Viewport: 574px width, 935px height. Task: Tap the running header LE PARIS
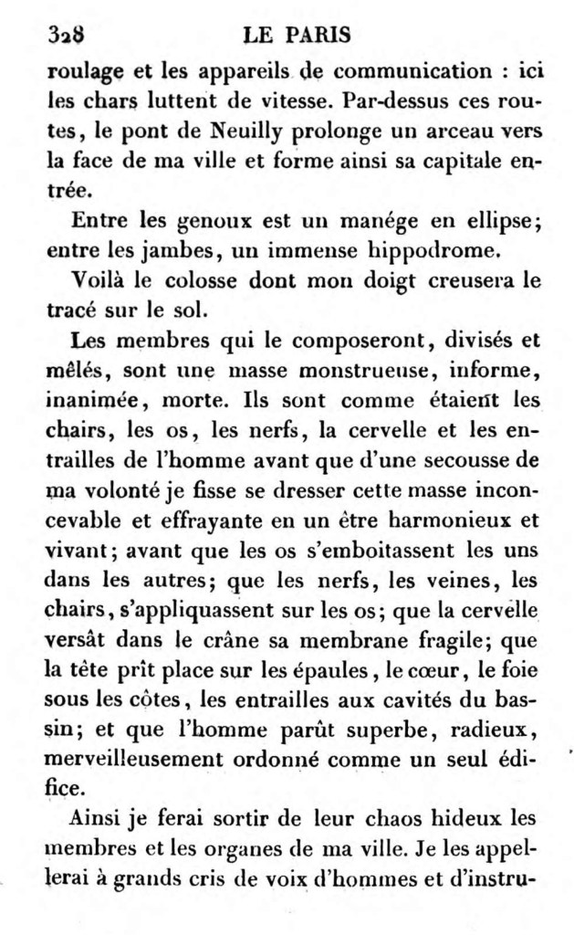tap(299, 36)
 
